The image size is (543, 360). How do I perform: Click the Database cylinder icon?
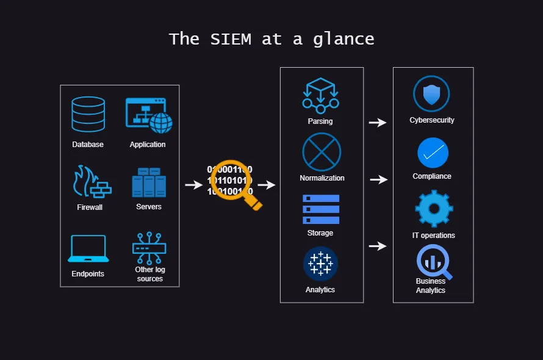point(88,114)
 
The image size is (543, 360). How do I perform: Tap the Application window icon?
point(148,115)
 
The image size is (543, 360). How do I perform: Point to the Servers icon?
point(149,182)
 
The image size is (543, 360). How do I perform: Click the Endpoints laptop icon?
point(88,249)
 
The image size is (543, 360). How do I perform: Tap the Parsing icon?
point(320,95)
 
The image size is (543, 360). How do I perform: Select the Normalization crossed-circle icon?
point(322,152)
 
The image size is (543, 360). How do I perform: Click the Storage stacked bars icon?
point(321,209)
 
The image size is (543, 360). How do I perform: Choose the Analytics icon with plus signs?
point(320,264)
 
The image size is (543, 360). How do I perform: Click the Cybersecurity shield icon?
point(431,94)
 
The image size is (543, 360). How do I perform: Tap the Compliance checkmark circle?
point(433,153)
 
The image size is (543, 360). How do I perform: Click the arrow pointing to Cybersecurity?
point(378,122)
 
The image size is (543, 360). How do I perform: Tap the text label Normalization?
point(322,178)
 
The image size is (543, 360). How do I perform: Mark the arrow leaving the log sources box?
point(194,185)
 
